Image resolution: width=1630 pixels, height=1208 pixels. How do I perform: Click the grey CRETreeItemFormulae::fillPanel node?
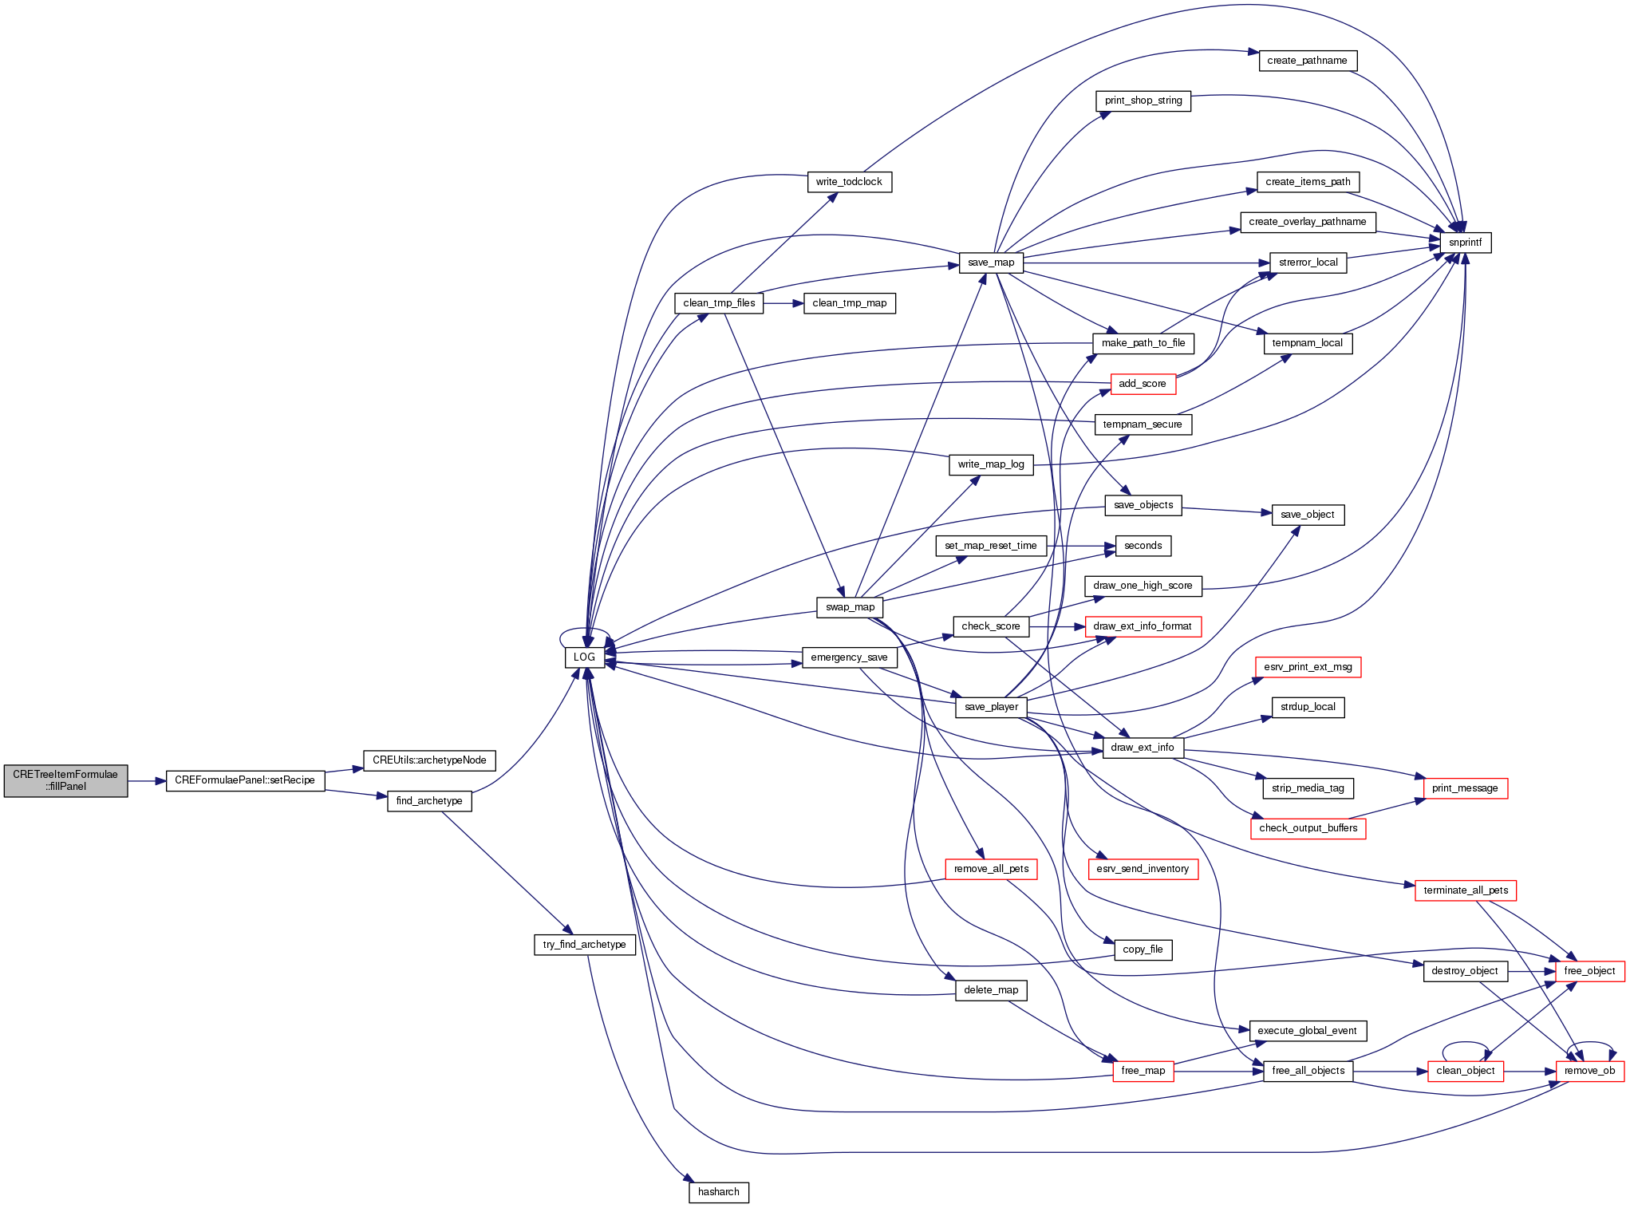(x=65, y=780)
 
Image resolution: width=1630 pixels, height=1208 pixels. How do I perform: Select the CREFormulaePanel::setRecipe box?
(x=245, y=780)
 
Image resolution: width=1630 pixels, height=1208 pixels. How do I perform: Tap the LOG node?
(x=584, y=657)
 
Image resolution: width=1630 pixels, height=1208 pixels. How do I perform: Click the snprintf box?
(x=1465, y=243)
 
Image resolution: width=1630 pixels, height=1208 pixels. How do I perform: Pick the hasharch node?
(x=718, y=1192)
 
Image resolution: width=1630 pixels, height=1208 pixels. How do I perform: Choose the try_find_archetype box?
(x=584, y=945)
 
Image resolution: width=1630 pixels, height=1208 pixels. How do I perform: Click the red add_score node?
(x=1142, y=384)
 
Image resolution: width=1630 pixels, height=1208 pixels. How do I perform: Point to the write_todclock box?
(x=849, y=182)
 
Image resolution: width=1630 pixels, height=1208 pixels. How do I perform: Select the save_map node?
(x=991, y=263)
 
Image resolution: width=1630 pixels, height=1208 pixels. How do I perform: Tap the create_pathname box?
(x=1307, y=61)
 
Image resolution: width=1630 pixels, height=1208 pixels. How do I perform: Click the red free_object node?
(x=1589, y=971)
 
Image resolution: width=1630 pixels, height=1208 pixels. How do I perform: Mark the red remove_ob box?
(x=1589, y=1071)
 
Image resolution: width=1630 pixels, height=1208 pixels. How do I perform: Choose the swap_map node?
(x=850, y=607)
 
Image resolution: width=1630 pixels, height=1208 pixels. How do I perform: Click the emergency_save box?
(x=849, y=657)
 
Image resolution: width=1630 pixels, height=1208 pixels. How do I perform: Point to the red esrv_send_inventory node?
(x=1142, y=869)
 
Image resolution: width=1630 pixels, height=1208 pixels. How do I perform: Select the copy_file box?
(x=1142, y=949)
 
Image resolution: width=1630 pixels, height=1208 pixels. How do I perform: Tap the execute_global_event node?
(x=1307, y=1031)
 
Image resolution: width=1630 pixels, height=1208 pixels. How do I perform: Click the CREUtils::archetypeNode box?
(x=429, y=760)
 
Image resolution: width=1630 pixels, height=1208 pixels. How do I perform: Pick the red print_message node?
(x=1465, y=788)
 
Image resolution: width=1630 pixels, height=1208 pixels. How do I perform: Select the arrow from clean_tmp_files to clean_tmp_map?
(x=783, y=303)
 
